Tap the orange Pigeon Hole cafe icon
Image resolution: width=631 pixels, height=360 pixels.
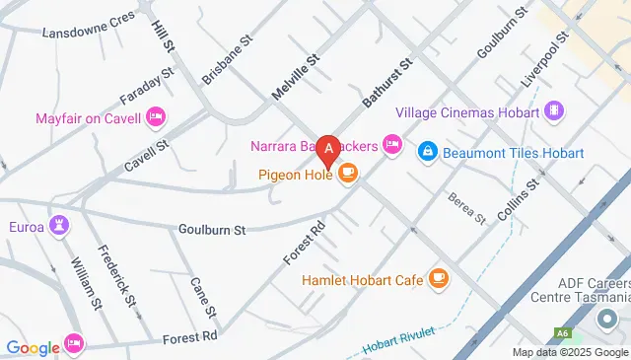click(x=346, y=175)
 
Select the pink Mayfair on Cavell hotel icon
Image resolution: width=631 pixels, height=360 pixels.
click(x=155, y=119)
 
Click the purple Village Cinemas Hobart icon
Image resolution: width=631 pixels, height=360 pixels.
click(x=554, y=111)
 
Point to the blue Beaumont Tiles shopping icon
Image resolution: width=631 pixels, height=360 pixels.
click(x=428, y=153)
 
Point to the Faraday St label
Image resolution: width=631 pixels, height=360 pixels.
click(x=146, y=85)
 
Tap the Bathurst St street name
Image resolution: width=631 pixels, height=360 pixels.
click(x=386, y=82)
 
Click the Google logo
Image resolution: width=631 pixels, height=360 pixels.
click(x=34, y=347)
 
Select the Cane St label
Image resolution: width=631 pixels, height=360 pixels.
click(x=203, y=293)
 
